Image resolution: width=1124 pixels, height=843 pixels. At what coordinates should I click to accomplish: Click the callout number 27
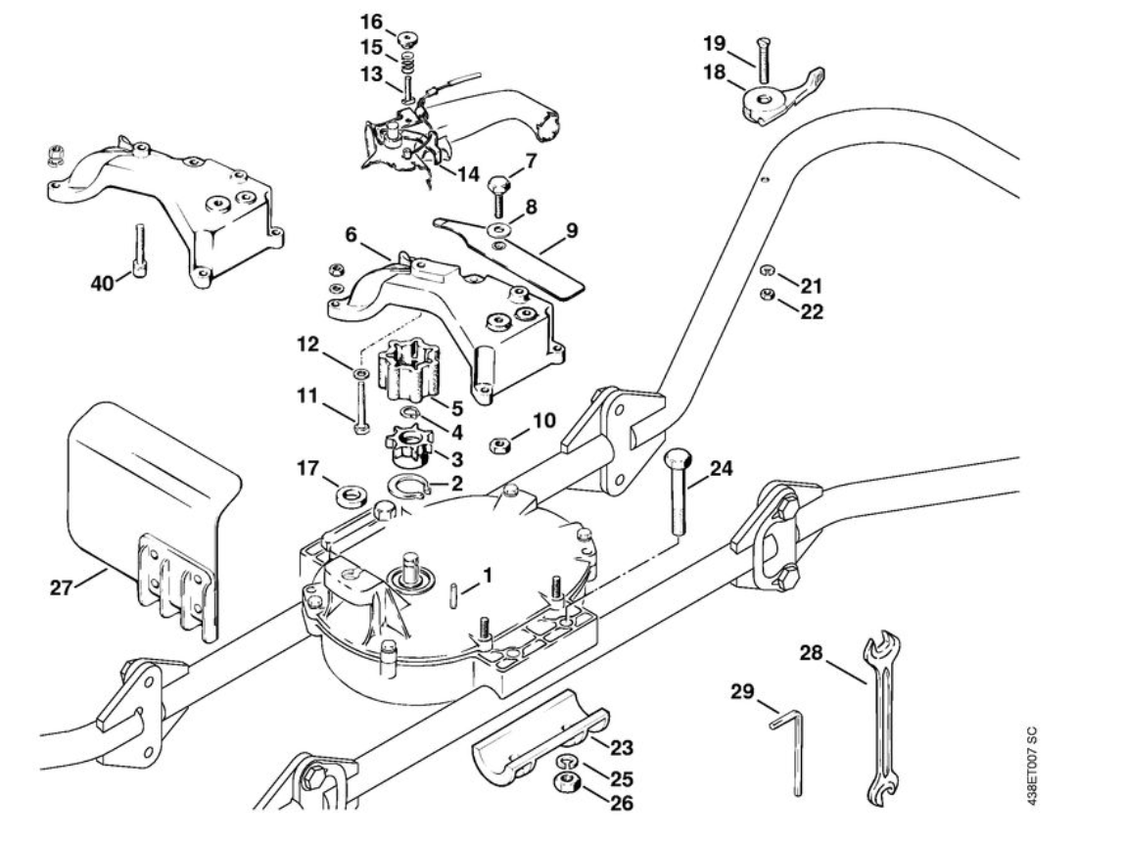(x=63, y=588)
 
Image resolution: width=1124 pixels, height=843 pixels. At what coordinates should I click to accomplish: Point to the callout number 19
(x=717, y=43)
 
